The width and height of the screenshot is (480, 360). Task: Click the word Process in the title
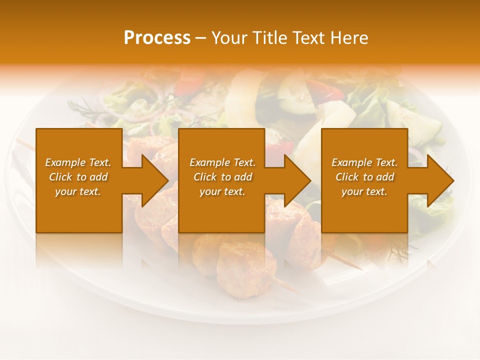tap(157, 37)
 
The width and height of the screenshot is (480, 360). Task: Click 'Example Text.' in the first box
tap(78, 162)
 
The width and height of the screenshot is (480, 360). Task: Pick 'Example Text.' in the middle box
tap(222, 162)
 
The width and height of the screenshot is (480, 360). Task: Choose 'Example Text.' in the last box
tap(364, 162)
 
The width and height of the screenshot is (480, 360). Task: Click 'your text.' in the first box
tap(78, 191)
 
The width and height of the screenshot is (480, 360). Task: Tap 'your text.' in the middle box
tap(222, 191)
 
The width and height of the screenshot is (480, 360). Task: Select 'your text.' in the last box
tap(364, 191)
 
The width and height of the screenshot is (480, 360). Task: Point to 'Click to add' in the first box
tap(78, 177)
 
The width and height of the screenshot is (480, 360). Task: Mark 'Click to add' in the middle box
tap(222, 177)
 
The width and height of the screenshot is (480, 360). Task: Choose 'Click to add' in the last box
tap(364, 177)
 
